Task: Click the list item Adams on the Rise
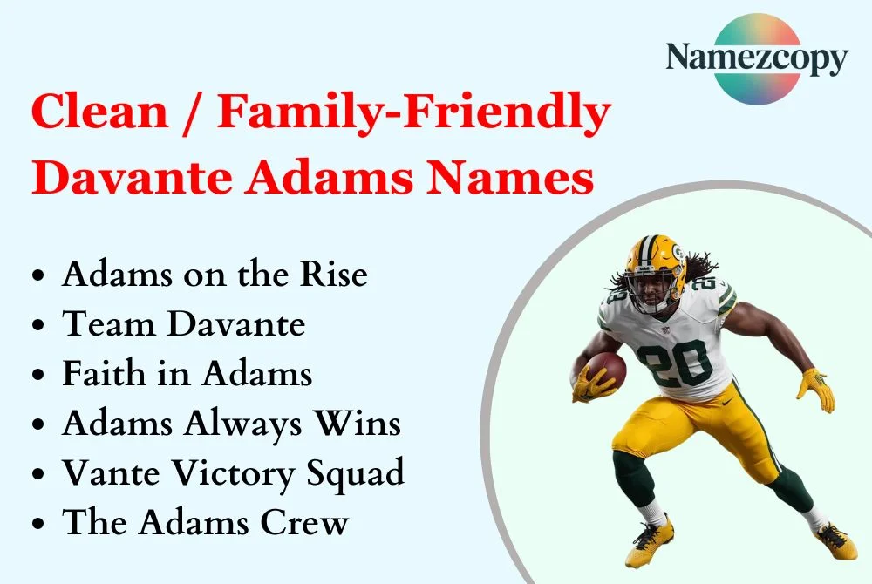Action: [x=215, y=275]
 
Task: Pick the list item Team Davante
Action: [x=184, y=324]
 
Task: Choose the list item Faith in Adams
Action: [x=187, y=374]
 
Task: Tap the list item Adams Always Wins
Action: [x=231, y=424]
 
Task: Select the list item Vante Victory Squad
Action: [x=233, y=474]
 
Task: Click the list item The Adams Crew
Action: [x=206, y=524]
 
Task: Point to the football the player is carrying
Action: [x=605, y=370]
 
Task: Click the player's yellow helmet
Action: [x=655, y=261]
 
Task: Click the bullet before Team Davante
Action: [x=38, y=325]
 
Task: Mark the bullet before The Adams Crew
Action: [x=38, y=525]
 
